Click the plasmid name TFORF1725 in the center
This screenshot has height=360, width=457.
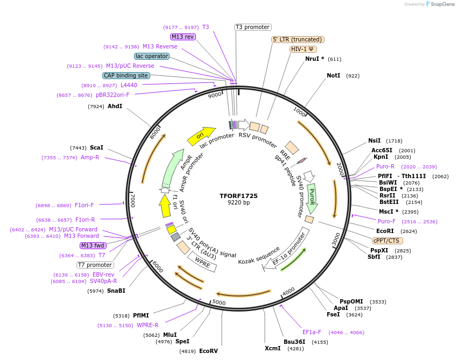click(x=238, y=196)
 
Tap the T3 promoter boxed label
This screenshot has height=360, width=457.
click(x=253, y=27)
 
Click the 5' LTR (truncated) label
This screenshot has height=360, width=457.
click(x=297, y=39)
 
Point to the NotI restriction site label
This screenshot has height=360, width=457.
click(x=334, y=76)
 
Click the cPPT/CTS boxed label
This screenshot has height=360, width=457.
click(x=388, y=241)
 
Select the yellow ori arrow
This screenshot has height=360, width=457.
click(x=201, y=136)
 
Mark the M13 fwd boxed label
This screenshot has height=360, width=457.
click(x=93, y=245)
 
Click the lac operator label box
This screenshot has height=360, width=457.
click(x=152, y=56)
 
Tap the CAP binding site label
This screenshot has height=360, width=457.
click(x=126, y=76)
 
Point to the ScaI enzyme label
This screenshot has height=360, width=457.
click(x=97, y=148)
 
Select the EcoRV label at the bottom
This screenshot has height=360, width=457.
click(x=208, y=351)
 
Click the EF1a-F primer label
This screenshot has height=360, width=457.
click(x=312, y=332)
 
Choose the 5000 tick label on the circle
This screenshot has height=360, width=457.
click(x=219, y=302)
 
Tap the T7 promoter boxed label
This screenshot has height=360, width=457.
click(x=95, y=265)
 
